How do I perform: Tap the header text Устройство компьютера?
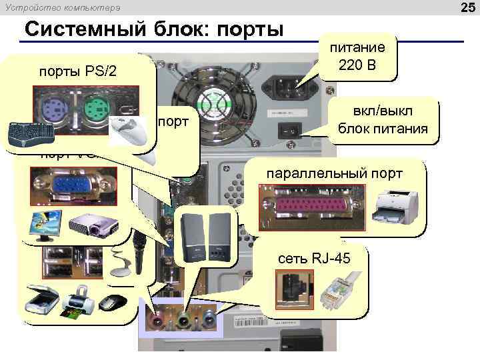(63, 8)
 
